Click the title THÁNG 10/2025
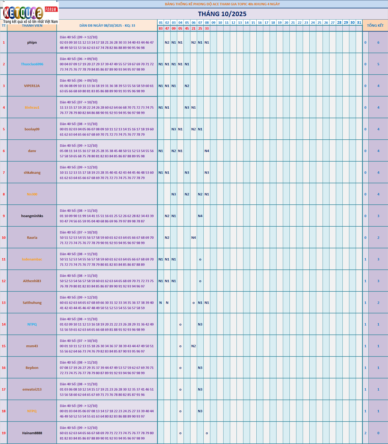coord(222,14)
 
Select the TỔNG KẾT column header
coord(375,25)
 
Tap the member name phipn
coord(32,43)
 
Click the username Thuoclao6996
coord(32,64)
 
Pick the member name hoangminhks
coord(32,216)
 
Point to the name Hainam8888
coord(32,433)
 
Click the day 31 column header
coord(359,22)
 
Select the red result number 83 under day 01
coord(160,28)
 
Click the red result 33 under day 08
coord(207,28)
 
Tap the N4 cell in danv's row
coord(207,151)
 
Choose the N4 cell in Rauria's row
coord(193,238)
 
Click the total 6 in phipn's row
coord(378,43)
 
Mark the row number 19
coord(4,433)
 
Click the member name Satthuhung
coord(32,303)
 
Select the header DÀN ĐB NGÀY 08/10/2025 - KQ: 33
coord(107,26)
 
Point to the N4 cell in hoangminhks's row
coord(200,216)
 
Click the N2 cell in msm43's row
coord(193,346)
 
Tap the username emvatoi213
coord(32,390)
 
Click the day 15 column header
coord(253,22)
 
